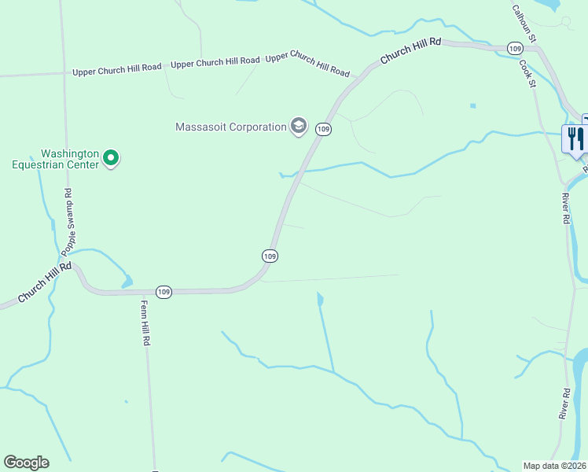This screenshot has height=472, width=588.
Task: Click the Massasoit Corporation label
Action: click(230, 127)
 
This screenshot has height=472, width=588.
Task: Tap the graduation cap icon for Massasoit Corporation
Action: click(298, 126)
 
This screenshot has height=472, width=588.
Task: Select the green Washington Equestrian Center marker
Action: click(112, 159)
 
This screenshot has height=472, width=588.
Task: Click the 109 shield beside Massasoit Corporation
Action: click(323, 128)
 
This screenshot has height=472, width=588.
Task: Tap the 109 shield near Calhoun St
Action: click(515, 49)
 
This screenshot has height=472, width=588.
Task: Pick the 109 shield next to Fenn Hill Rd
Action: click(164, 291)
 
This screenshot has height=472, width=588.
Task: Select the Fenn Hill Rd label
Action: click(145, 324)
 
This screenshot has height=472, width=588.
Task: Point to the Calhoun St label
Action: click(524, 23)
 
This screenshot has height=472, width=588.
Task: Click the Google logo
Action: click(26, 463)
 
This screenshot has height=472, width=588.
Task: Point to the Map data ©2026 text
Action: click(554, 466)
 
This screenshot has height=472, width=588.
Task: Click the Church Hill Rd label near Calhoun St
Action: click(410, 53)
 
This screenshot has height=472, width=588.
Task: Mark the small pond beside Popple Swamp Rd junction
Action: click(125, 282)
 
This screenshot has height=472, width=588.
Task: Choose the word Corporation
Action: click(254, 127)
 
